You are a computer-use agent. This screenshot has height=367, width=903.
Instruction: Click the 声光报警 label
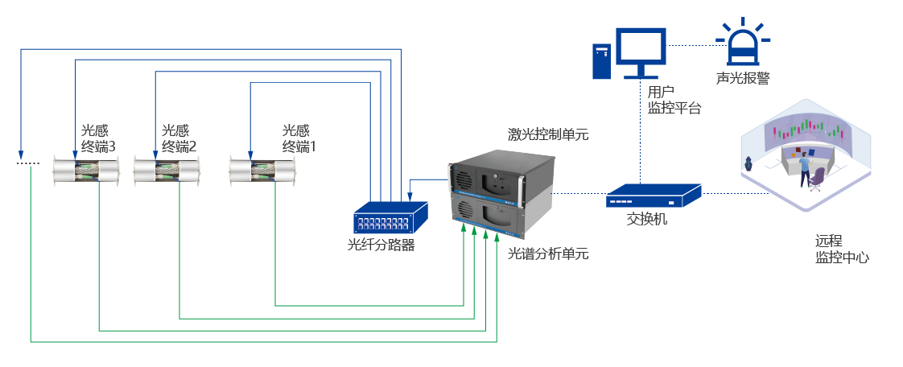coord(742,78)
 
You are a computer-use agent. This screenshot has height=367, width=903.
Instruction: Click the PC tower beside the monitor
coord(601,60)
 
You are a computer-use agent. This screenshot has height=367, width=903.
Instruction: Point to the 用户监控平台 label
coord(674,100)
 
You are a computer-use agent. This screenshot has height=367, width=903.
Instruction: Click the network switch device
coord(653,196)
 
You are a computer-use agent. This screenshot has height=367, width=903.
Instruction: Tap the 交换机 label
coord(647,220)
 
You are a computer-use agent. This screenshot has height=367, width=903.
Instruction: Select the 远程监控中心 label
coord(841,249)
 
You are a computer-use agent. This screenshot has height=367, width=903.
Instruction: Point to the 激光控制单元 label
coord(547,135)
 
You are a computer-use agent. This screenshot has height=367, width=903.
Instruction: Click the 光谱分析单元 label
coord(547,254)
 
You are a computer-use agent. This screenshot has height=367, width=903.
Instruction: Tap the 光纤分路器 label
coord(381,245)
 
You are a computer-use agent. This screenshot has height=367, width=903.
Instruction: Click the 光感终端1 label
coord(299,138)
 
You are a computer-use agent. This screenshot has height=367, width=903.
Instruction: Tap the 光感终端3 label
coord(98,138)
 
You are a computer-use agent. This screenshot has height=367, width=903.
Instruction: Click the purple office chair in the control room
coord(817,179)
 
